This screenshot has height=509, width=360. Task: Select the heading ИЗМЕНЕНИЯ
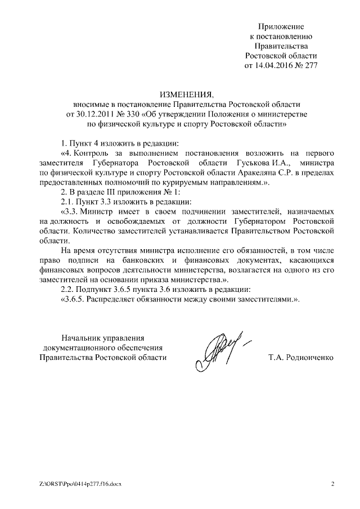tap(183, 93)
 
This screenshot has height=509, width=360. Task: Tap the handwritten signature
tap(220, 349)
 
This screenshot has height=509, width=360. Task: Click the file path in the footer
tap(76, 484)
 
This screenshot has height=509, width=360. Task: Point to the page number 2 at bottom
tap(332, 484)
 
